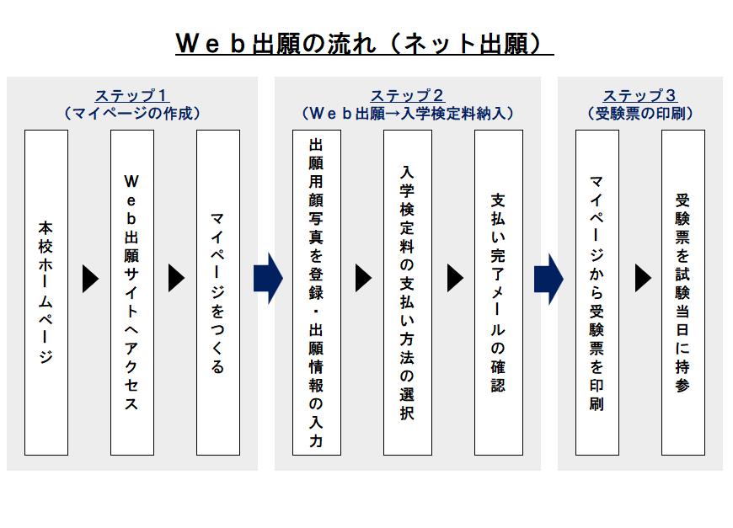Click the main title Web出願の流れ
(x=365, y=44)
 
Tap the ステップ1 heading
(x=132, y=96)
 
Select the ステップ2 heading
(x=408, y=96)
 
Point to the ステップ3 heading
(x=640, y=96)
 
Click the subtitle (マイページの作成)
(x=132, y=114)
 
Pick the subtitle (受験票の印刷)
(x=640, y=114)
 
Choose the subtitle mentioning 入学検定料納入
(x=408, y=114)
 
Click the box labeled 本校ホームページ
(x=46, y=292)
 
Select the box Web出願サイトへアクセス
(x=132, y=292)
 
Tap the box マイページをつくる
(x=218, y=292)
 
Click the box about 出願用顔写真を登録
(x=317, y=292)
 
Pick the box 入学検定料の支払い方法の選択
(x=408, y=292)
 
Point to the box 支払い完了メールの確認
(x=499, y=292)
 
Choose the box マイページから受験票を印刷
(x=597, y=292)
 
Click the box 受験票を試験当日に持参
(x=683, y=292)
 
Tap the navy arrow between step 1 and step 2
(x=268, y=279)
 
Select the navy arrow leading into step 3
(x=548, y=280)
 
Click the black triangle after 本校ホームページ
(x=91, y=279)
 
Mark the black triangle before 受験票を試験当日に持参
(x=643, y=278)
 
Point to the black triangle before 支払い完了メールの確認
(x=455, y=278)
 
